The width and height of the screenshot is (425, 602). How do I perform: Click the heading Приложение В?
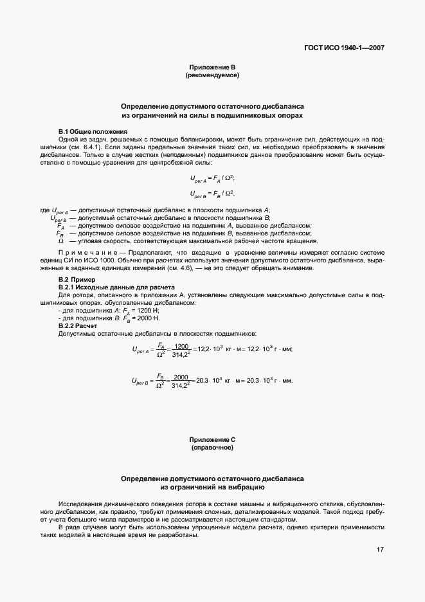tap(212, 68)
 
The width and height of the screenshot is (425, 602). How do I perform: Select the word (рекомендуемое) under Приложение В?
tap(212, 75)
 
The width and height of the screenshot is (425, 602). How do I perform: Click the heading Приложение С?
tap(212, 439)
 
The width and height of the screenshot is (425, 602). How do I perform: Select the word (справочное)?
tap(212, 447)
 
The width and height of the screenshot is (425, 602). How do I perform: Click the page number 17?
tap(381, 550)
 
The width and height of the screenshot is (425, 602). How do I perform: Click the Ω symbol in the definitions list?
tap(61, 241)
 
